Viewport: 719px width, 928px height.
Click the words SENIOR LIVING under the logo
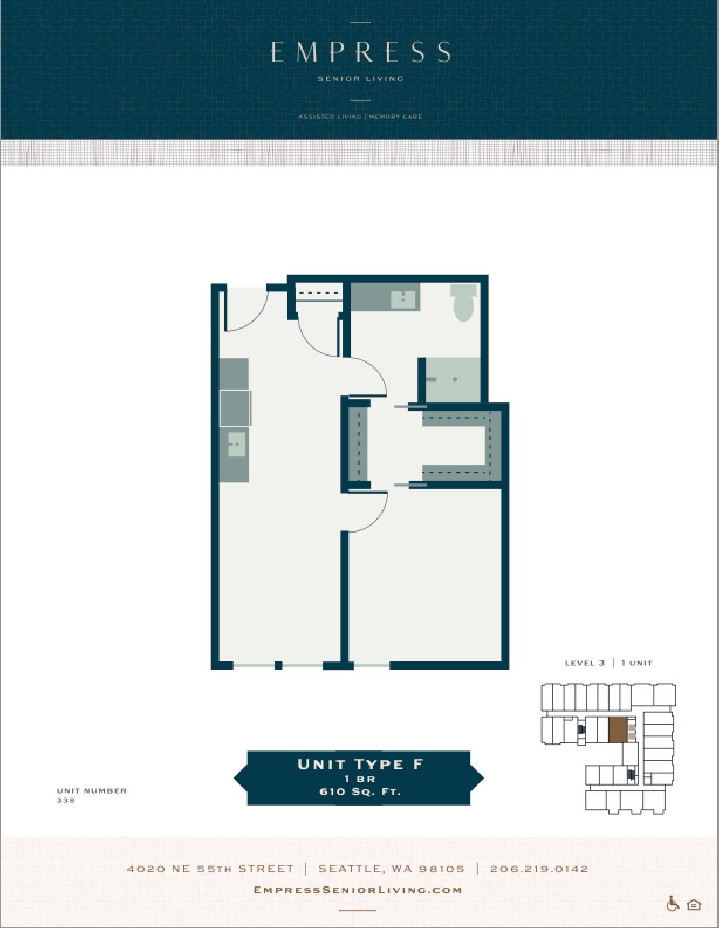[x=361, y=79]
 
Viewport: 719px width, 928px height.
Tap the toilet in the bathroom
[x=464, y=302]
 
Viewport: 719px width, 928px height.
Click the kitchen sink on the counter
[x=237, y=443]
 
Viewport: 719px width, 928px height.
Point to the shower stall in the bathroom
[x=453, y=380]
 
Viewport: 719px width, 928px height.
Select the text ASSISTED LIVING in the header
[x=330, y=117]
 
